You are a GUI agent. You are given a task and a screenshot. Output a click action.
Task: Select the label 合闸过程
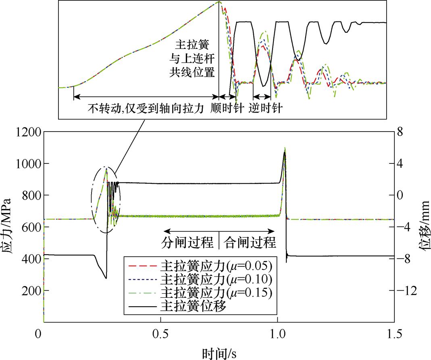pos(250,242)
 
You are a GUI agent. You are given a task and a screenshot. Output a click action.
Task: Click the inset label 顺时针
pos(227,109)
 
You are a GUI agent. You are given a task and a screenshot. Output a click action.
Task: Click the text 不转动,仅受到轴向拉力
pos(144,109)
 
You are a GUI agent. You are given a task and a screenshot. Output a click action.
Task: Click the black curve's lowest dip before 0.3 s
pos(106,278)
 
